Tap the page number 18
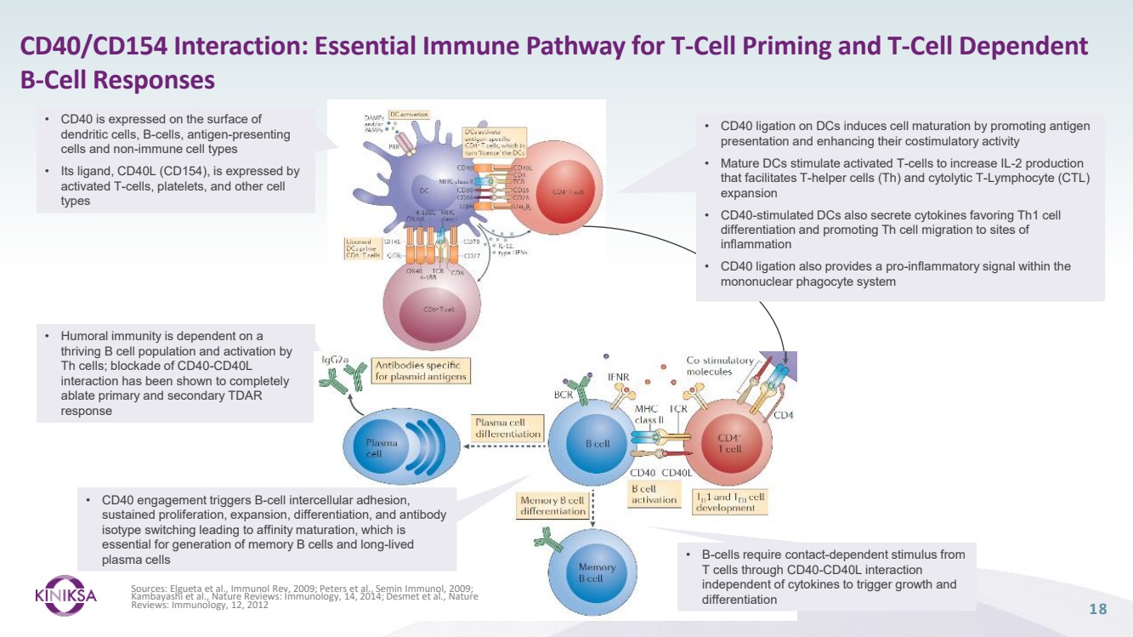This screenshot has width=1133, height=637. click(1097, 609)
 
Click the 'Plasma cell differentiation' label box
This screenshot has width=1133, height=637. click(507, 428)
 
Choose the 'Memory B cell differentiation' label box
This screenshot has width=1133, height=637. click(552, 506)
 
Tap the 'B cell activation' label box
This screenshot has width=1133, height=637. click(654, 494)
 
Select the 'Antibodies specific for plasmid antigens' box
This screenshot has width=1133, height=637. click(421, 370)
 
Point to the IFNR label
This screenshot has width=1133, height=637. click(618, 375)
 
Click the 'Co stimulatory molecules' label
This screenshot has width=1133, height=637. click(719, 366)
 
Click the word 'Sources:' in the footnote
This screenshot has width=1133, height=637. click(150, 588)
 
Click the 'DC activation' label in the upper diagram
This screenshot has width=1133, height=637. click(409, 115)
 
